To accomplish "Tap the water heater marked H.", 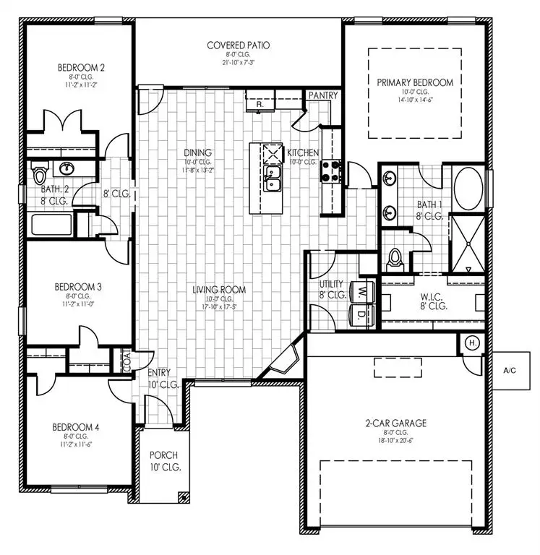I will tap(471, 343).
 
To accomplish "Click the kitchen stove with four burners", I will tap(331, 171).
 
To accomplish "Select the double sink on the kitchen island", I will tap(273, 179).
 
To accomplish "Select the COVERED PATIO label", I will tap(239, 45).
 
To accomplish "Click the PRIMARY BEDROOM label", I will tap(415, 82).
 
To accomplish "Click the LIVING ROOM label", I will tap(219, 290).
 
